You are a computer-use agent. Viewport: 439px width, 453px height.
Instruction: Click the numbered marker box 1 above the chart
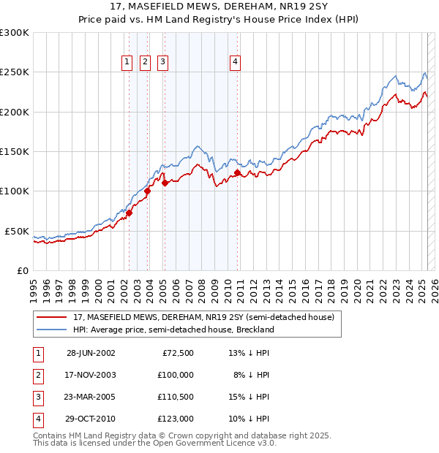[x=127, y=63]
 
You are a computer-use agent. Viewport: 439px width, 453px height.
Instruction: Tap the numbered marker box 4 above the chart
[x=235, y=63]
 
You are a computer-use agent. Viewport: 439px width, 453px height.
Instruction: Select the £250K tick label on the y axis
[x=15, y=72]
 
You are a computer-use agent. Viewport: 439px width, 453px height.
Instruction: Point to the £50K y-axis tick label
[x=17, y=231]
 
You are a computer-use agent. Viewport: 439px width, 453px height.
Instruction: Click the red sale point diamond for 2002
[x=130, y=213]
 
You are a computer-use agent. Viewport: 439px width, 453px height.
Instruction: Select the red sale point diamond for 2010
[x=238, y=173]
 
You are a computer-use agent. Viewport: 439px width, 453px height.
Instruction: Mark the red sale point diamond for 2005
[x=165, y=183]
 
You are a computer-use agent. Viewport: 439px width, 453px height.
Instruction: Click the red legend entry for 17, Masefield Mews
[x=204, y=317]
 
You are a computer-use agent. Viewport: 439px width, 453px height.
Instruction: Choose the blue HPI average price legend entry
[x=173, y=330]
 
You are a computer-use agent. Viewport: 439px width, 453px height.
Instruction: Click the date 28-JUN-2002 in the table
[x=91, y=353]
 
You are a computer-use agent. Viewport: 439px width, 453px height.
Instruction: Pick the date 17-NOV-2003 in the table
[x=91, y=375]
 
